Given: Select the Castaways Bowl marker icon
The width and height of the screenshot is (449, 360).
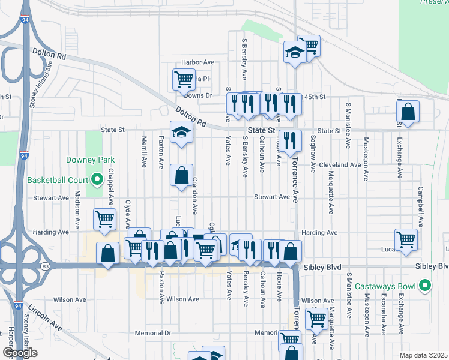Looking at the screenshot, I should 426,285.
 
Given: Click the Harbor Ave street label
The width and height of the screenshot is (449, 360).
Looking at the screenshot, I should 198,62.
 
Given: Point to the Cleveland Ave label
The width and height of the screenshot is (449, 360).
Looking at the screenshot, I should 340,164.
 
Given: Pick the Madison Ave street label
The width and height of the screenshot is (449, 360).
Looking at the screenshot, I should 77,210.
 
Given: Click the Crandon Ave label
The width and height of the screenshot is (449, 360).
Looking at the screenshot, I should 194,199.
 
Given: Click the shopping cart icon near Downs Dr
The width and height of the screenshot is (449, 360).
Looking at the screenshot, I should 184,79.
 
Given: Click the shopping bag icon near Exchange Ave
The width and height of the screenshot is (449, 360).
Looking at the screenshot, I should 408,111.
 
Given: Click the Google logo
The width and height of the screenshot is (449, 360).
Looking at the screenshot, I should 19,353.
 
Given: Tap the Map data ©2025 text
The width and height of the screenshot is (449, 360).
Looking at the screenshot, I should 423,355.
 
